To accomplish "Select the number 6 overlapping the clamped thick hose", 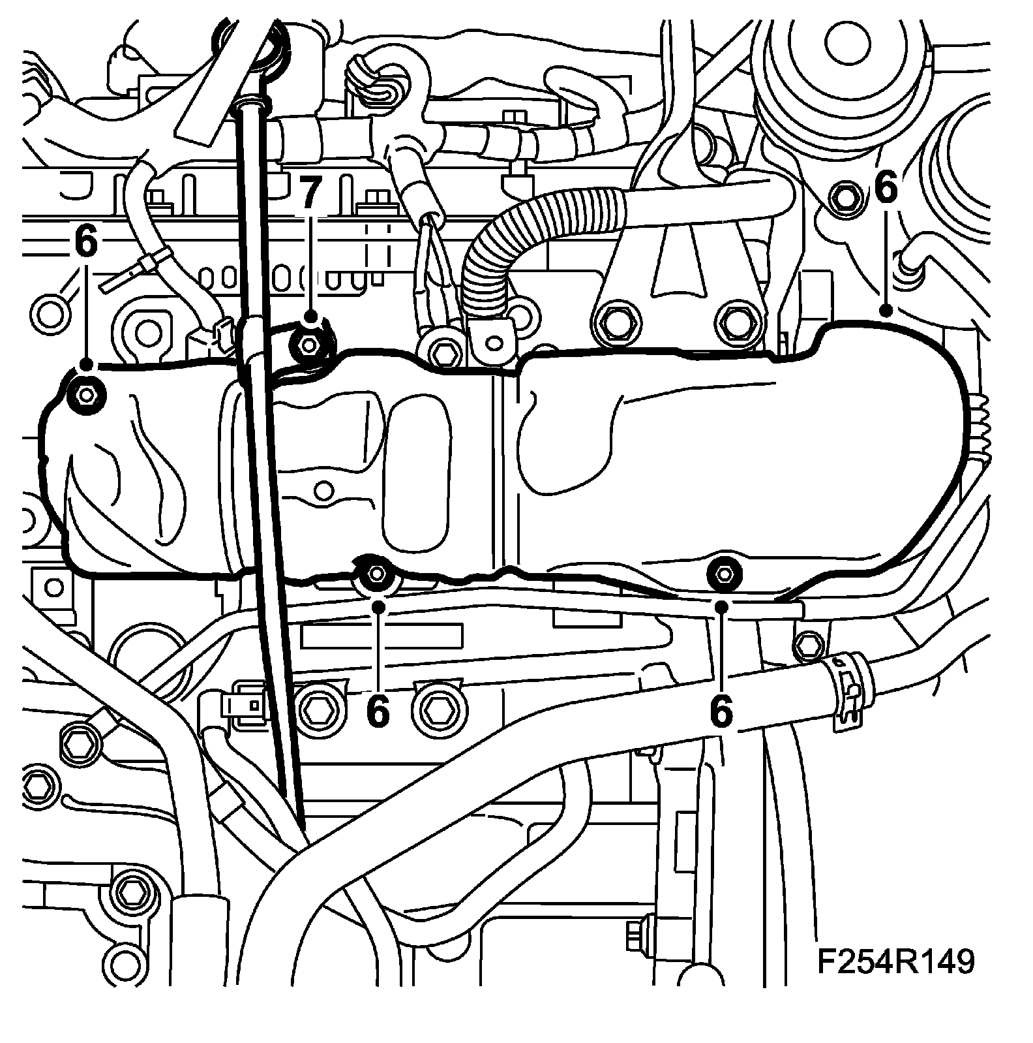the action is pos(720,710).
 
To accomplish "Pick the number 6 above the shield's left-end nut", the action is pos(85,241).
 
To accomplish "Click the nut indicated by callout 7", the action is pos(309,341).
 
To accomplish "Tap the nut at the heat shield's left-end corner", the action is pos(85,394).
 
